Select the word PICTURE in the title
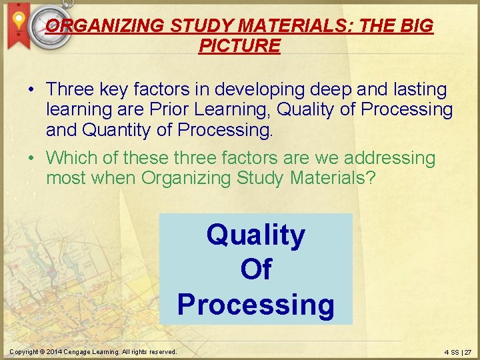pyautogui.click(x=239, y=46)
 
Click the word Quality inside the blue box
pyautogui.click(x=256, y=235)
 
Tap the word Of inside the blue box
pyautogui.click(x=256, y=269)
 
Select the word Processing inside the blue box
pyautogui.click(x=256, y=304)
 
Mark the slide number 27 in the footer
pyautogui.click(x=467, y=351)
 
